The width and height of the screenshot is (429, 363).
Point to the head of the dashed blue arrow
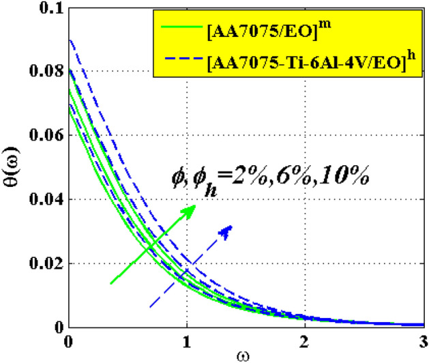pyautogui.click(x=229, y=228)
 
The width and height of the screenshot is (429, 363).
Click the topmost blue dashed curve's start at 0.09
pyautogui.click(x=69, y=40)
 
